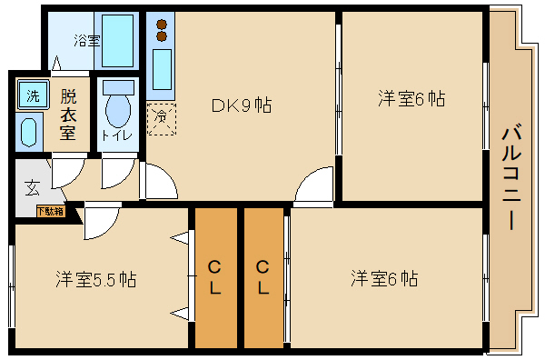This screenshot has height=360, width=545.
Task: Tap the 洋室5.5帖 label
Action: pyautogui.click(x=94, y=278)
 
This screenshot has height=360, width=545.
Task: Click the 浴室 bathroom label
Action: pyautogui.click(x=86, y=41)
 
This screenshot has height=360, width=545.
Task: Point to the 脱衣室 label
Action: pyautogui.click(x=67, y=112)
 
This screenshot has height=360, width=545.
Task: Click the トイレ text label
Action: pyautogui.click(x=117, y=135)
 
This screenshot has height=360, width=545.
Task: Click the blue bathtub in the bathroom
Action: pyautogui.click(x=118, y=40)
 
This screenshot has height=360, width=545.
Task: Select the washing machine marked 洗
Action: pyautogui.click(x=32, y=95)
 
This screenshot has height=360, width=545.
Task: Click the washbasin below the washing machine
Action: pyautogui.click(x=28, y=131)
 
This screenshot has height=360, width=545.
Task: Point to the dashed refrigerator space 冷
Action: pyautogui.click(x=161, y=119)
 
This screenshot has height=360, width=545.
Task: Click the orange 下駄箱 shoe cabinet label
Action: pyautogui.click(x=50, y=212)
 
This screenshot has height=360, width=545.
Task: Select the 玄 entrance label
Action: pyautogui.click(x=32, y=188)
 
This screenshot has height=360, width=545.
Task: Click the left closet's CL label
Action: pyautogui.click(x=215, y=277)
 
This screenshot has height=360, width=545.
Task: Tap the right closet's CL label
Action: pyautogui.click(x=263, y=277)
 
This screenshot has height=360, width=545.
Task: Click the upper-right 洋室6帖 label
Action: pyautogui.click(x=411, y=99)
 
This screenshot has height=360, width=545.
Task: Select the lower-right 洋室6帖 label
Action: pyautogui.click(x=384, y=278)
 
